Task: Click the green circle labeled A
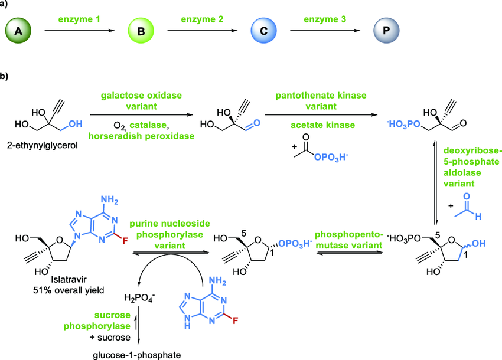pos(18,29)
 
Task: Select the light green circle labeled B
pos(140,29)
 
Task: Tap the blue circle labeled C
pos(262,29)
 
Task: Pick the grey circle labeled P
pos(386,29)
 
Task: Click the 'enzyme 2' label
pos(201,19)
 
